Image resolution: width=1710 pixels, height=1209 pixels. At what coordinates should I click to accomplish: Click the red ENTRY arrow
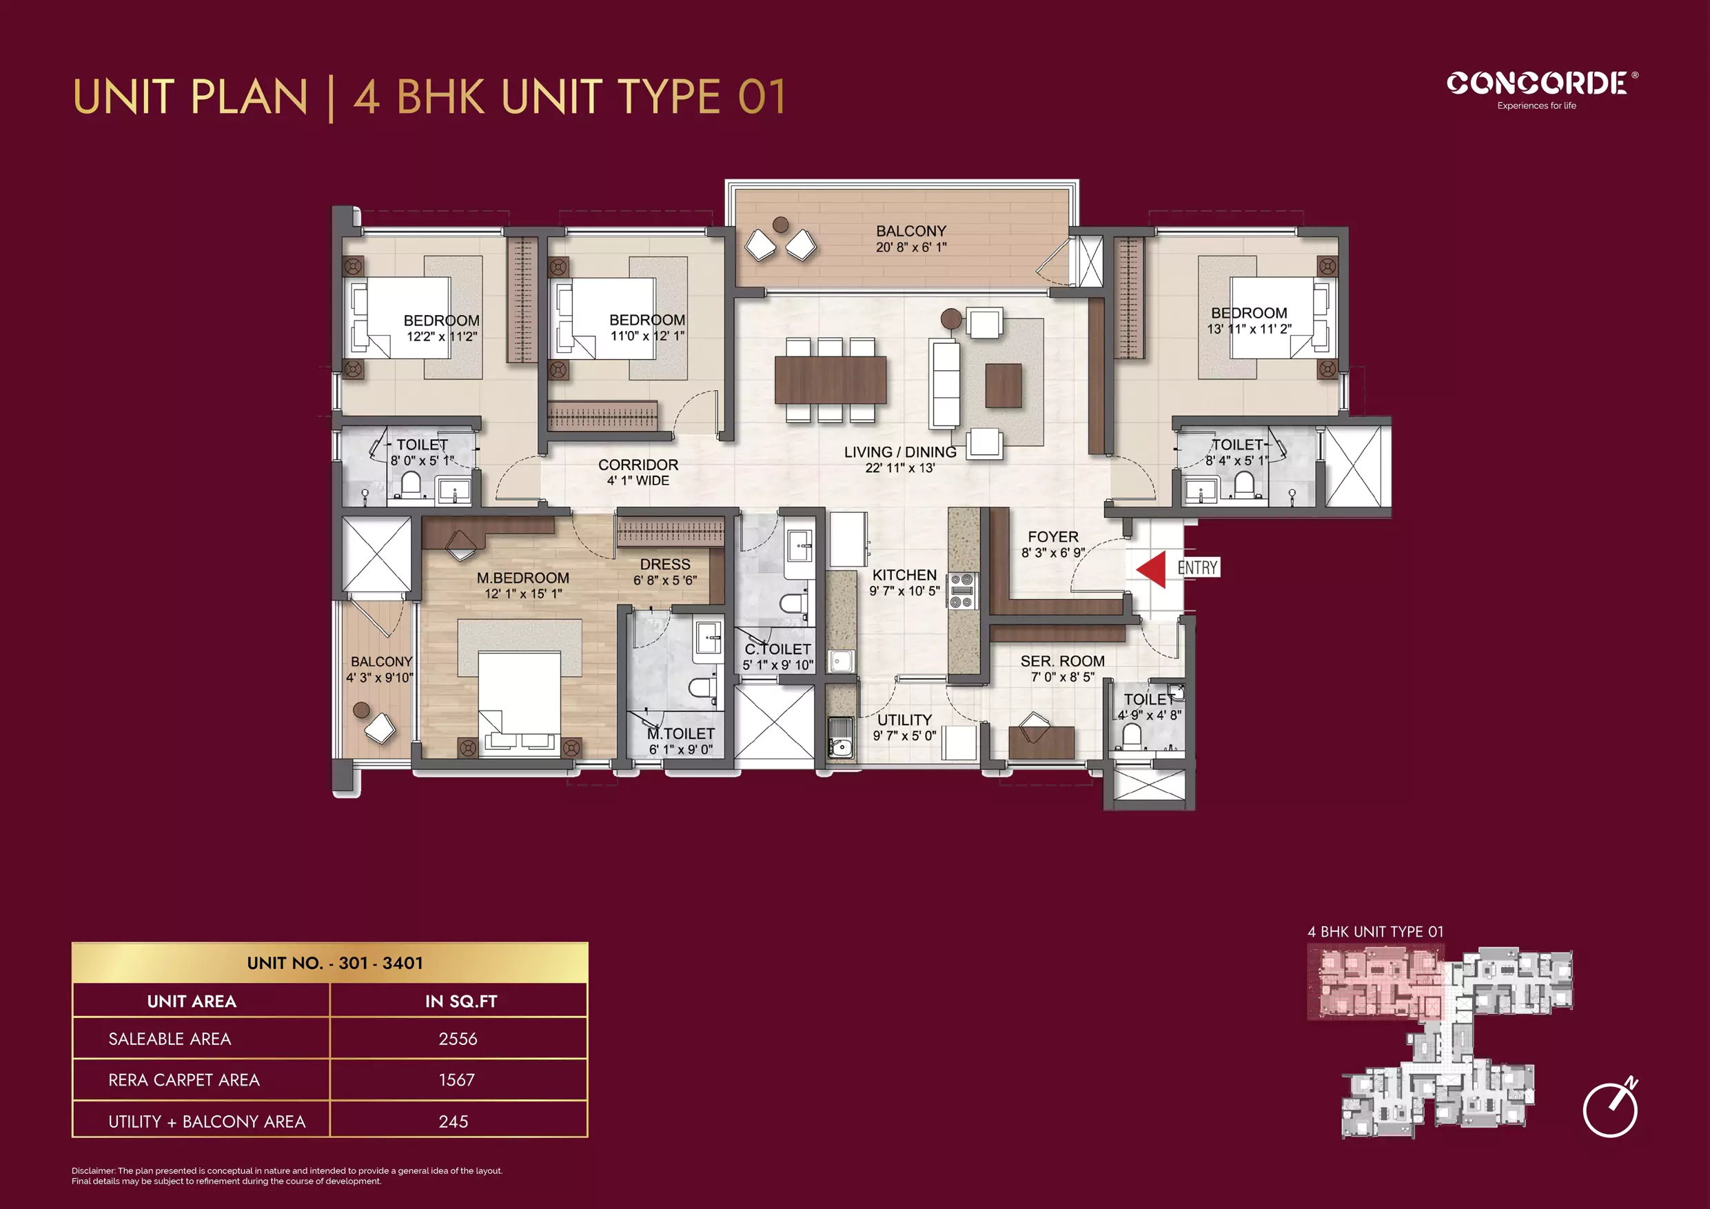[x=1153, y=569]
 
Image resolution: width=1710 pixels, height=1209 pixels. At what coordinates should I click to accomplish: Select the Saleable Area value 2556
[x=457, y=1039]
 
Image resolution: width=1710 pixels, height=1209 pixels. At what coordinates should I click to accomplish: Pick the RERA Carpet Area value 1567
[x=456, y=1080]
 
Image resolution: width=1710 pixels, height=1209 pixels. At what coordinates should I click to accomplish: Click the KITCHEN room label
[x=904, y=575]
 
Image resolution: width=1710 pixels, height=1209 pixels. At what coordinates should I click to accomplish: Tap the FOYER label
[x=1052, y=537]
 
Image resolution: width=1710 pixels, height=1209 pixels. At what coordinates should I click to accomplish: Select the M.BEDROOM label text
[x=523, y=578]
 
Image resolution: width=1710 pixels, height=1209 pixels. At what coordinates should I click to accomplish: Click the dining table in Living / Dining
[x=831, y=380]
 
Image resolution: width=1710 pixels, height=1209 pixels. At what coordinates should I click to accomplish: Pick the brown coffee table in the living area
[x=1004, y=385]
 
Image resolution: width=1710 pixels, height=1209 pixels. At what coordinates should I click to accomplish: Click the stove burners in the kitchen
[x=961, y=591]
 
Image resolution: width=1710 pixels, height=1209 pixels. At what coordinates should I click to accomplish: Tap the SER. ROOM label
[x=1062, y=662]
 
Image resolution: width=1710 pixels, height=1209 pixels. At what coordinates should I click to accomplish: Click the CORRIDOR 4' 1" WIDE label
[x=638, y=472]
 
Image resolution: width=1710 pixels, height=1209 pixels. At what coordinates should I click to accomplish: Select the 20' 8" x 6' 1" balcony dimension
[x=911, y=247]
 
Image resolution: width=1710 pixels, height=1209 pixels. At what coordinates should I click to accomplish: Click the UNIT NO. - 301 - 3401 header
[x=334, y=963]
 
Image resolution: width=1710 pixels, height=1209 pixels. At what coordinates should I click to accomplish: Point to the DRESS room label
[x=665, y=565]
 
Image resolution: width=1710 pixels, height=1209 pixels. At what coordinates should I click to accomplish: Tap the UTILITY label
[x=904, y=720]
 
